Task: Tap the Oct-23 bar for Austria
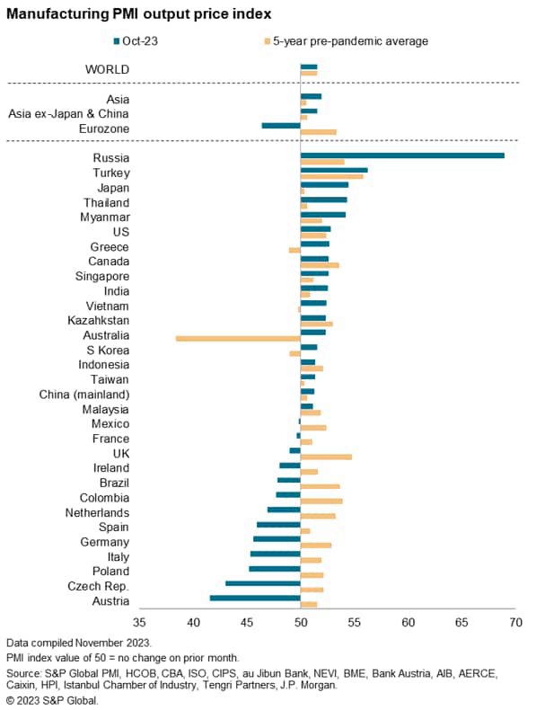click(x=255, y=598)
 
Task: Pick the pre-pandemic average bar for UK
click(x=326, y=457)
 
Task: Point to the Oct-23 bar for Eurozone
click(x=281, y=125)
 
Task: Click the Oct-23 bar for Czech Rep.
click(x=262, y=583)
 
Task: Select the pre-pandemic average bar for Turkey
click(x=331, y=176)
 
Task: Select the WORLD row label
click(x=107, y=69)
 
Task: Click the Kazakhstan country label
click(x=99, y=320)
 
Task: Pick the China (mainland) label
click(x=84, y=394)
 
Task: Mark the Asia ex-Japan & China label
click(x=68, y=113)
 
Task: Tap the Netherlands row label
click(x=97, y=512)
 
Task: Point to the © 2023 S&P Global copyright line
click(x=52, y=700)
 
